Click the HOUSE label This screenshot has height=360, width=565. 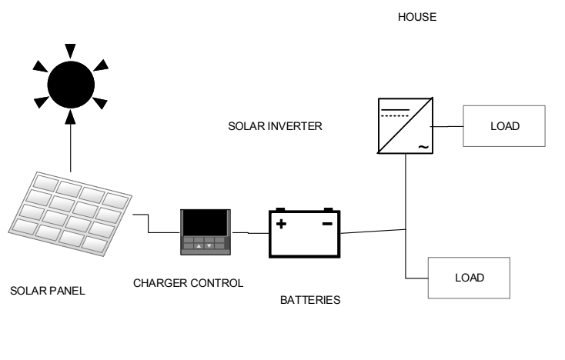coord(417,17)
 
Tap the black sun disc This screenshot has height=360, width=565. coord(71,85)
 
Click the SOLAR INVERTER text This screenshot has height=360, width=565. coord(275,126)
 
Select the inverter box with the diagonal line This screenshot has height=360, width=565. coord(406,125)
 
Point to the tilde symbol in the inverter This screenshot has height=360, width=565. coord(423,147)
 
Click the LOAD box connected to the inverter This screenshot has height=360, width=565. coord(504,126)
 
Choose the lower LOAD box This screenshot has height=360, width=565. coord(469,278)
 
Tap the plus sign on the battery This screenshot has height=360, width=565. coord(281,224)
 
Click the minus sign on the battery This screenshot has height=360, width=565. coord(327,224)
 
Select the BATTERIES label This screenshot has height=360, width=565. coord(310,300)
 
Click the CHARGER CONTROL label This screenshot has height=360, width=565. coord(188,283)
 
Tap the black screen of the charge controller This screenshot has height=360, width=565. coord(206,223)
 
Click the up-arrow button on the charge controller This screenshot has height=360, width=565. coord(199,246)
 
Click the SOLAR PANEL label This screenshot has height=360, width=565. coord(48,291)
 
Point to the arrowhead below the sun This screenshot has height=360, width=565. coord(71,117)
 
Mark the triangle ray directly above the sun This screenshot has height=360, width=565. coord(70,51)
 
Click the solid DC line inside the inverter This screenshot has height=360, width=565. coord(396,109)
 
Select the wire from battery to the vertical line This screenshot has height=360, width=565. coord(373,231)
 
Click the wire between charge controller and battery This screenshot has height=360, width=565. coord(250,233)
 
